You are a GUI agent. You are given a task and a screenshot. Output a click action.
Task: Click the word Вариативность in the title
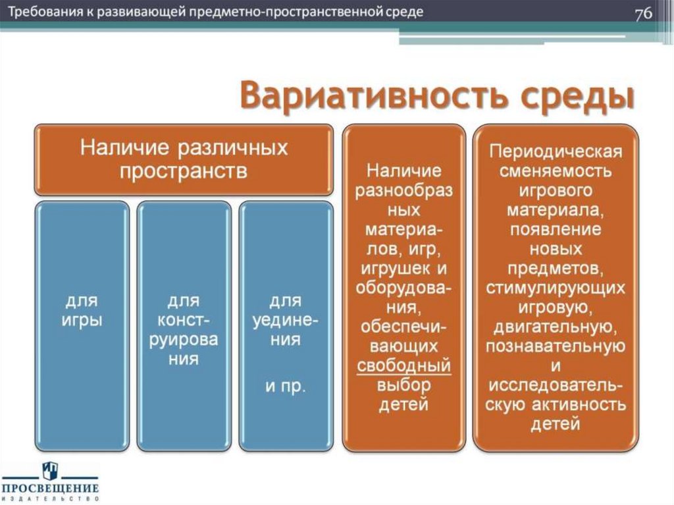click(366, 97)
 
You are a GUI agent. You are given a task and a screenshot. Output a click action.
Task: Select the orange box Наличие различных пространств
click(184, 159)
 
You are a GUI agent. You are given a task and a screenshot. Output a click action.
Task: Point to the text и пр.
click(285, 385)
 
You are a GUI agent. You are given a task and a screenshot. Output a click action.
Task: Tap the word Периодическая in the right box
click(555, 152)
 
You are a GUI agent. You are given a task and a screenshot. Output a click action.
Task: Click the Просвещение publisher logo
click(49, 483)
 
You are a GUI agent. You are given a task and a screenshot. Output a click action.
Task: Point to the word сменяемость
click(555, 172)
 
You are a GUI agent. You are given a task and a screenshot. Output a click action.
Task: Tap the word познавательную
click(555, 346)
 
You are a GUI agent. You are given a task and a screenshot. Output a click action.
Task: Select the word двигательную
click(555, 327)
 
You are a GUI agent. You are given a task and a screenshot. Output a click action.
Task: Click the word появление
click(555, 230)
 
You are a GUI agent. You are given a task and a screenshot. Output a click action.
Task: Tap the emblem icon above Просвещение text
click(49, 469)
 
